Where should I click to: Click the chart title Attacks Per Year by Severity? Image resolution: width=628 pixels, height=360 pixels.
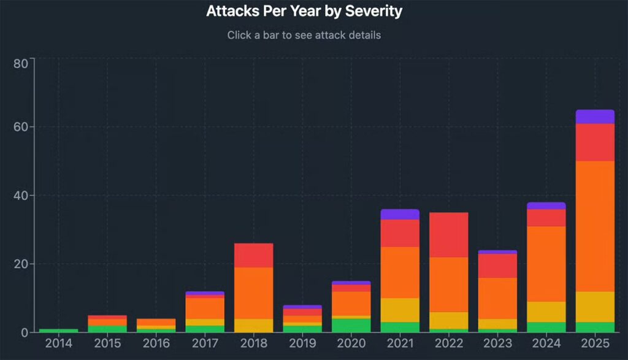tap(304, 11)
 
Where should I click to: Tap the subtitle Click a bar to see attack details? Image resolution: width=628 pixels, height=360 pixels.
tap(304, 35)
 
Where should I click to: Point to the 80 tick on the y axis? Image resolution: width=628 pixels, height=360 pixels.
tap(20, 64)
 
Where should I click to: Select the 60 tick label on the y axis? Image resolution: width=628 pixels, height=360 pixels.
tap(20, 127)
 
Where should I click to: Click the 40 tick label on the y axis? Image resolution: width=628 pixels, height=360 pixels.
tap(20, 196)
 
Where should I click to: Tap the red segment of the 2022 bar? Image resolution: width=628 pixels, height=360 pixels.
tap(448, 235)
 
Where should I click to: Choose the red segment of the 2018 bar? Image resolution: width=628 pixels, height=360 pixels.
tap(254, 255)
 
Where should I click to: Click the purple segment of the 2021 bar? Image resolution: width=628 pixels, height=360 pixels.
tap(400, 214)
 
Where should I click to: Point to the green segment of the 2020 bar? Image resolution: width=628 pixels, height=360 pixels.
tap(351, 325)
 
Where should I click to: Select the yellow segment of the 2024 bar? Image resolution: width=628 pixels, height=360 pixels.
tap(546, 312)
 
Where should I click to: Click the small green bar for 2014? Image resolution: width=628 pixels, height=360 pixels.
tap(59, 331)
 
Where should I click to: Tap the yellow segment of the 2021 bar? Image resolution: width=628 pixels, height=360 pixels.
tap(400, 310)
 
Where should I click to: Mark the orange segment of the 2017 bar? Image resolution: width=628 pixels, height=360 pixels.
tap(205, 308)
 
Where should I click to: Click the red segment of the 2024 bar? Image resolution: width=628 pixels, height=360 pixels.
tap(546, 218)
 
